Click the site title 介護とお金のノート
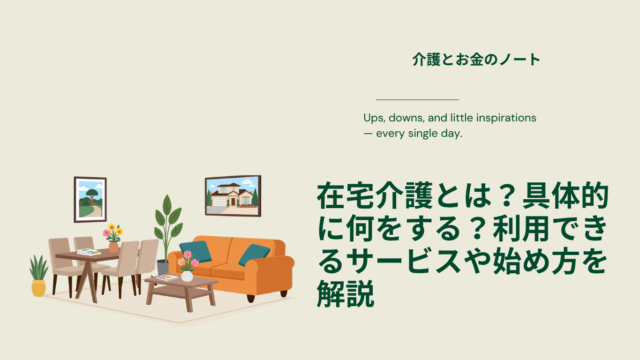coord(476,60)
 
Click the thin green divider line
coord(418,99)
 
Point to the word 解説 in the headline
coord(345,293)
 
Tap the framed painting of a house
coord(233,196)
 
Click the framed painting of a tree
coord(90,199)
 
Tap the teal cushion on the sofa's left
coord(196,252)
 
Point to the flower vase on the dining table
coord(113,238)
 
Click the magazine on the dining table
coord(89,252)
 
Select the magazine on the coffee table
coord(167,278)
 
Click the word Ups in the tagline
coord(373,118)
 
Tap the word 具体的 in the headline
coord(566,196)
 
